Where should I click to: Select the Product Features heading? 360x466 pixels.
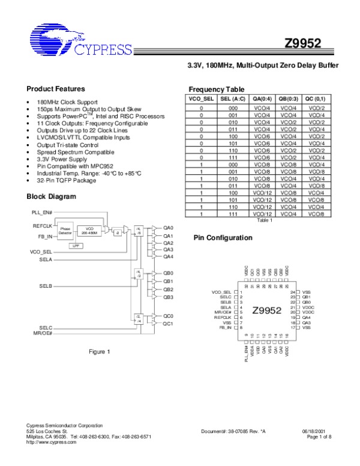(x=56, y=88)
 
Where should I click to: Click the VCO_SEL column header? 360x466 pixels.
(x=201, y=98)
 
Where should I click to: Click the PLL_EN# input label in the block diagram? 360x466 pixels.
(x=42, y=213)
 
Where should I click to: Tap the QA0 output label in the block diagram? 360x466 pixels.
(x=168, y=229)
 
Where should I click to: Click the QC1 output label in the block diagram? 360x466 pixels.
(x=168, y=324)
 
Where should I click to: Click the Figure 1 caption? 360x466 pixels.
(x=99, y=351)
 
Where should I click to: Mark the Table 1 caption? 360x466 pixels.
(x=264, y=220)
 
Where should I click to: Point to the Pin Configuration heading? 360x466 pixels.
(x=223, y=238)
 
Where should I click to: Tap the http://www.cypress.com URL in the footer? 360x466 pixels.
(x=52, y=441)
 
